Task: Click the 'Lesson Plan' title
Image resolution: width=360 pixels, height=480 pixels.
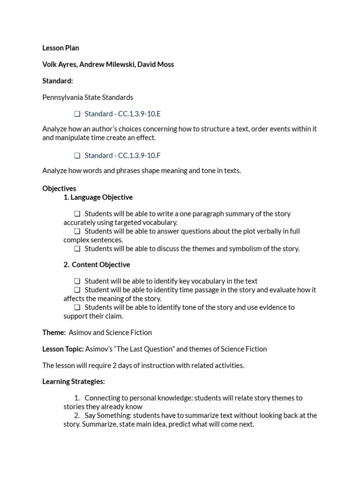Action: [x=60, y=48]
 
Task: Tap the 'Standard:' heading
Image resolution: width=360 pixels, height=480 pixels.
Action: [x=58, y=81]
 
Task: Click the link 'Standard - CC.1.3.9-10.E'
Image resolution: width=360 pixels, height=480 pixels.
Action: [x=123, y=114]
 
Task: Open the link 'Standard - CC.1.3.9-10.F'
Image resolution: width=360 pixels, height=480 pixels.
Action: [x=123, y=155]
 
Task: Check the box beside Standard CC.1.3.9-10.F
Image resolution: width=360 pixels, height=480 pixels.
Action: [x=77, y=156]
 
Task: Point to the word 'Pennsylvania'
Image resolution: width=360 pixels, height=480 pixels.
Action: [x=62, y=97]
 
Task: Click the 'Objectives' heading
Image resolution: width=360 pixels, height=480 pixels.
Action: [x=59, y=188]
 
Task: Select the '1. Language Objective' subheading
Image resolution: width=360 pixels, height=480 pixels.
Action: [x=98, y=197]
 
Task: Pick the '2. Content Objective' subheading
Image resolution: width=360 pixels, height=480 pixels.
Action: [x=97, y=265]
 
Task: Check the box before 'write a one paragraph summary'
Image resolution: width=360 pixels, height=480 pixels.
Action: [x=77, y=214]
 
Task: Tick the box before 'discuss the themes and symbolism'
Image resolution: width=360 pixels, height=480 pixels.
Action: [x=77, y=249]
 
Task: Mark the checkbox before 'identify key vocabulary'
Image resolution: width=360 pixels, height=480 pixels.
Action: [x=77, y=281]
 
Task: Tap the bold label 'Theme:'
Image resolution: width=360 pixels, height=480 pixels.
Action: [x=54, y=332]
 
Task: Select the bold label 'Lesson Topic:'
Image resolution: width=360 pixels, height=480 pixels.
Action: [x=63, y=349]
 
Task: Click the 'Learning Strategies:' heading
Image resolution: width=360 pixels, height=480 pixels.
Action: [x=74, y=382]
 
